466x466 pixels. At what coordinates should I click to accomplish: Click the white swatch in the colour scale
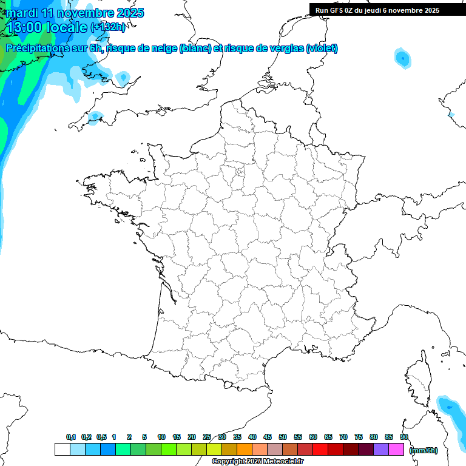click(x=62, y=449)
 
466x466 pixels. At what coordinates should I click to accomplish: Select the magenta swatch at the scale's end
click(x=396, y=449)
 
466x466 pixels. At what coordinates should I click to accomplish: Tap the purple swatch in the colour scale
click(x=381, y=449)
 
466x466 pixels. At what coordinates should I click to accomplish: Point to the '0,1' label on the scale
click(x=71, y=437)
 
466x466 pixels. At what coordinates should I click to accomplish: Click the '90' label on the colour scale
click(x=404, y=437)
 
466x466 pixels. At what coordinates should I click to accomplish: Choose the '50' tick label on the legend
click(x=283, y=437)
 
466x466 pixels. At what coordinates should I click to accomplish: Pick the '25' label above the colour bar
click(x=207, y=437)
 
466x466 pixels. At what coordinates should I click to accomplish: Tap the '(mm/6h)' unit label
click(x=424, y=450)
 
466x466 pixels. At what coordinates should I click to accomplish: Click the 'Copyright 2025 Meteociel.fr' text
click(x=257, y=462)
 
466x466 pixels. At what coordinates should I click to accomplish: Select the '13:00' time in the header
click(x=24, y=27)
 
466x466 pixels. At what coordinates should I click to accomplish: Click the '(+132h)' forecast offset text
click(x=108, y=27)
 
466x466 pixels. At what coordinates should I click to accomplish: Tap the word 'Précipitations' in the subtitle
click(x=37, y=49)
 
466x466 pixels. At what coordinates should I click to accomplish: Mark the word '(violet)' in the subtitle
click(x=322, y=49)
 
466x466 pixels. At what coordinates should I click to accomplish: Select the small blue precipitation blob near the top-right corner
click(x=402, y=58)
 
